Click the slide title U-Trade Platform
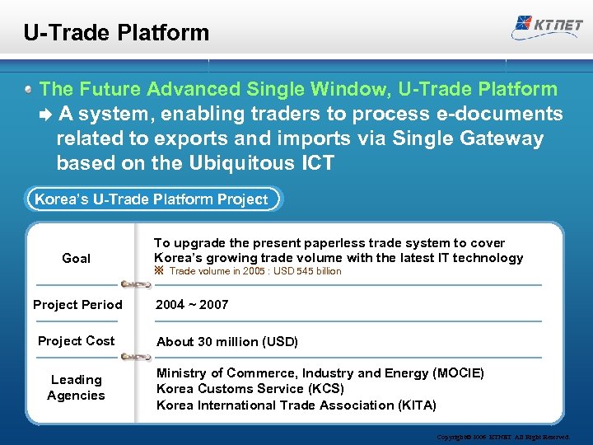coord(116,33)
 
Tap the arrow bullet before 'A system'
coord(46,115)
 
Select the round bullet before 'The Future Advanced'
coord(29,89)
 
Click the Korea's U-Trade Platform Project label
coord(151,199)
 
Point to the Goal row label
coord(77,259)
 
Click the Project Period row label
coord(77,305)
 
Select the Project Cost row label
coord(77,341)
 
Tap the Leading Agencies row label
coord(76,387)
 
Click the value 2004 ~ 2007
coord(193,305)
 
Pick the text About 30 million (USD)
coord(227,342)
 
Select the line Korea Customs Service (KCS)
coord(250,389)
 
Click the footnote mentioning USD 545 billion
coord(254,271)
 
